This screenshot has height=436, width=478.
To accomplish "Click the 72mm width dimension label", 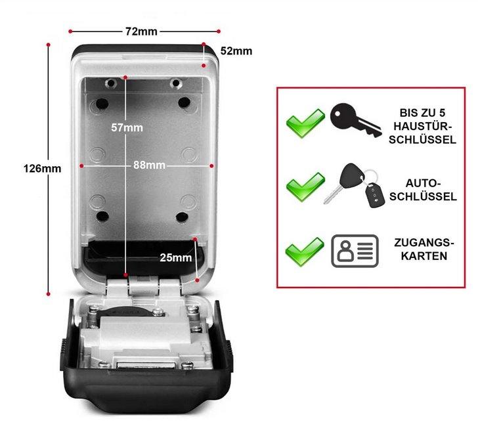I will pos(142,31).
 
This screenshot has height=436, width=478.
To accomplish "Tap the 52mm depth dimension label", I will pos(236,51).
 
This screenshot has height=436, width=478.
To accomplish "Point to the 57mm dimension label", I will pos(127,127).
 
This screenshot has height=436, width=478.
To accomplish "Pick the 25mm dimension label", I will pos(176,258).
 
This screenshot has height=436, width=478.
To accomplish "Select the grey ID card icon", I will pos(355,250).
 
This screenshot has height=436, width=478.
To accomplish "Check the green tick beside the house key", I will pos(305,123).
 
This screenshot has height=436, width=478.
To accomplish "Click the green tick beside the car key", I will pos(305,186).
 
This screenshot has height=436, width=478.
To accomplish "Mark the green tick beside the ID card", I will pos(305,251).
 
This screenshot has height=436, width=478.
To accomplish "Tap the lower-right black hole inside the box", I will pos(183,217).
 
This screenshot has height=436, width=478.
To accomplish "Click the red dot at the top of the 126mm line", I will pos(49,45).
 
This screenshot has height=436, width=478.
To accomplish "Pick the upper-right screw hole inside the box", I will pos(175,83).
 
